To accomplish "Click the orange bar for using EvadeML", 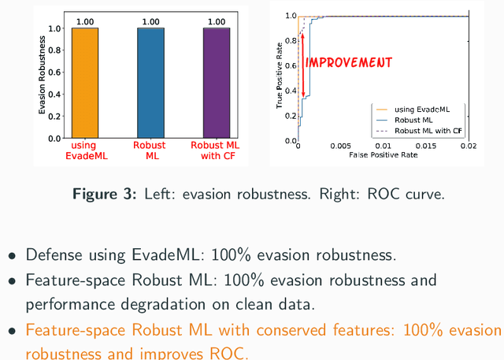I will pyautogui.click(x=84, y=83).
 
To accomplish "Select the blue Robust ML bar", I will pyautogui.click(x=150, y=83).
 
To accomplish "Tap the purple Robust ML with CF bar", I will pyautogui.click(x=217, y=83).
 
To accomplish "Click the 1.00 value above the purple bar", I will pyautogui.click(x=217, y=22).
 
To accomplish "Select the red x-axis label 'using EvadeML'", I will pyautogui.click(x=84, y=150).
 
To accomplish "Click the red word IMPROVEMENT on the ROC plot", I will pyautogui.click(x=348, y=61).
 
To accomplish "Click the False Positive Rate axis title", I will pyautogui.click(x=383, y=155).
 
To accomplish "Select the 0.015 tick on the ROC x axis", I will pyautogui.click(x=426, y=146).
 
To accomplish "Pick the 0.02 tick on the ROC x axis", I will pyautogui.click(x=468, y=146).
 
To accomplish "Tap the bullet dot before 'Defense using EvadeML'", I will pyautogui.click(x=12, y=256).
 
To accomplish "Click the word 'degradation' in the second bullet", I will pyautogui.click(x=150, y=304).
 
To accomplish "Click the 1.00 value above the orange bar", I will pyautogui.click(x=84, y=22).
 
